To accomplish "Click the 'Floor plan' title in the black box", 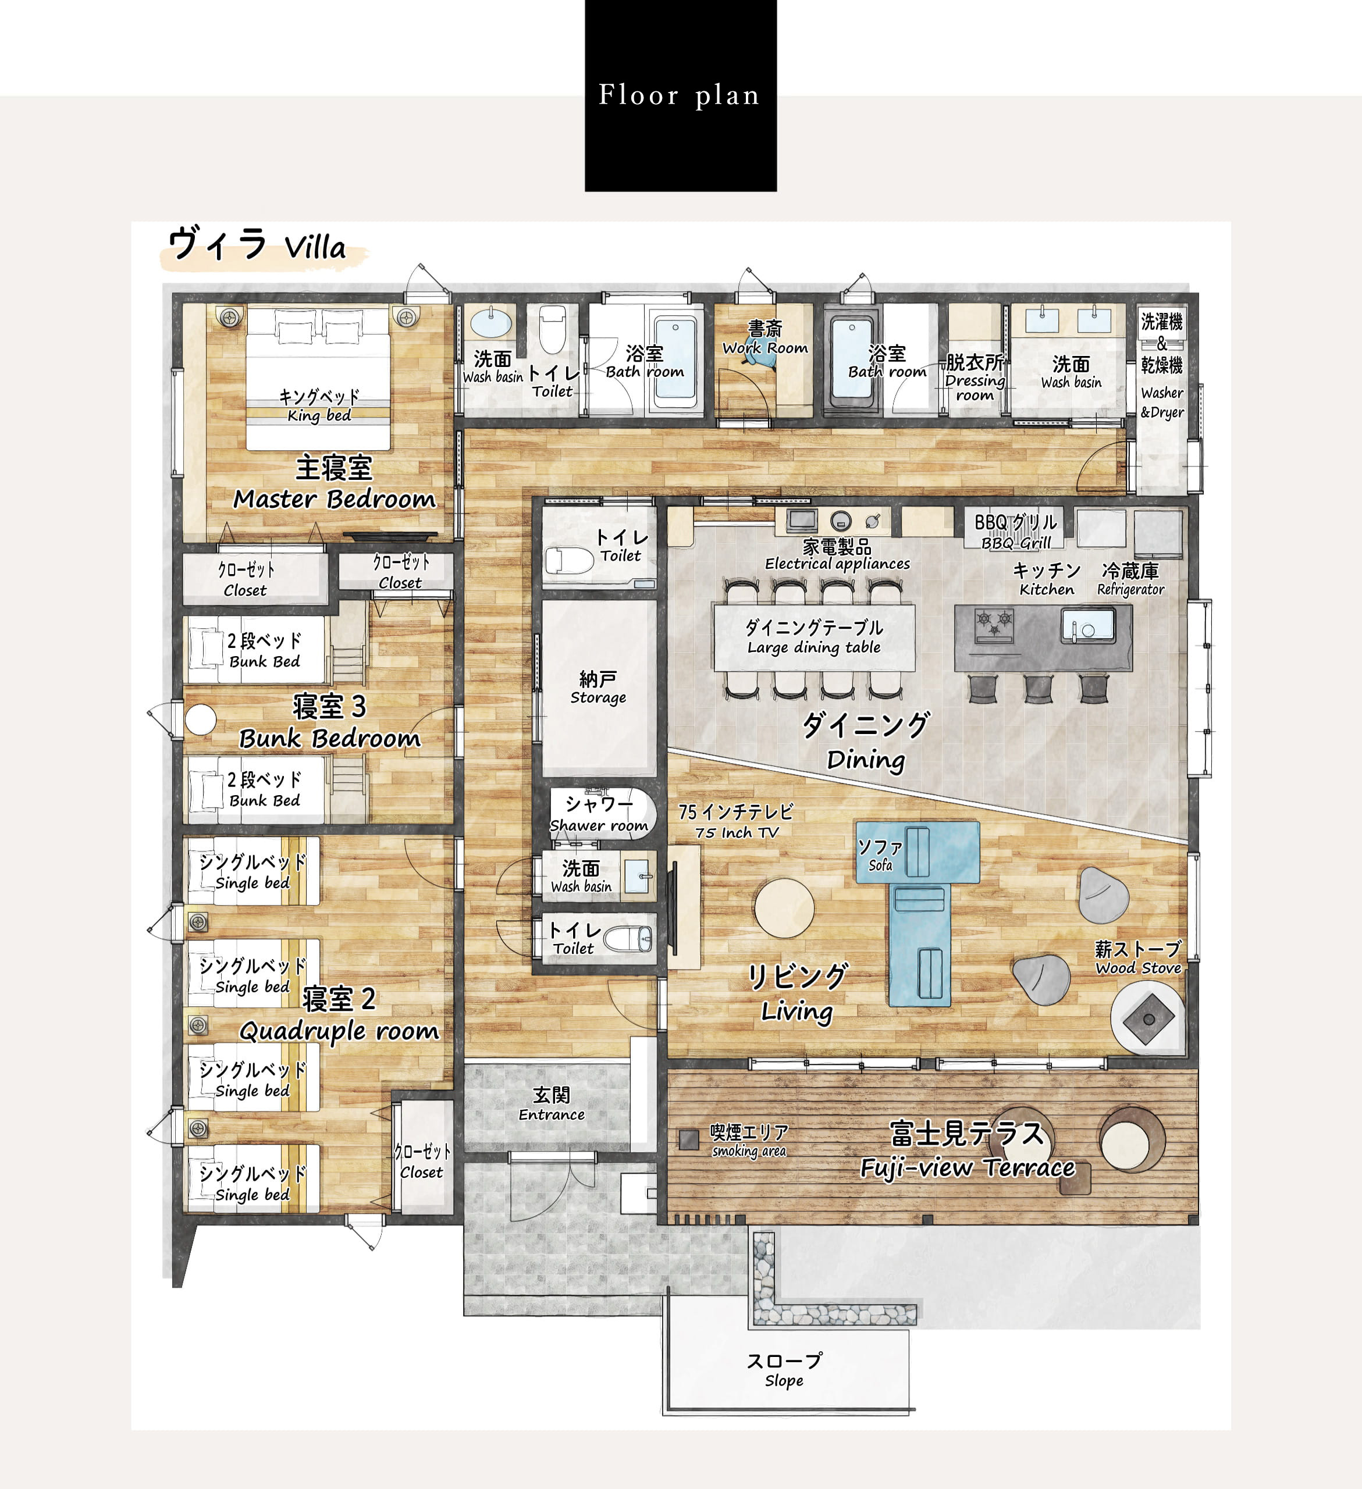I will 679,95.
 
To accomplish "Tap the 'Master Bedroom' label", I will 334,499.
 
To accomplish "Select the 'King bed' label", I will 319,416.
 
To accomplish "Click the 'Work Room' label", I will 764,348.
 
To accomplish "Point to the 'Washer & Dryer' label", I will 1162,402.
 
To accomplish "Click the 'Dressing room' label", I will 975,388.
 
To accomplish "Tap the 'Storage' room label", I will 598,698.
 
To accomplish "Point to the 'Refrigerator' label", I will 1130,589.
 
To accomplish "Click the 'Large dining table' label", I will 814,648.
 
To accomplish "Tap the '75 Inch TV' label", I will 737,832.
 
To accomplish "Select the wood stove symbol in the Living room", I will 1148,1018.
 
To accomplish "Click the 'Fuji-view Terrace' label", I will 968,1168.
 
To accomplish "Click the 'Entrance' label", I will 551,1114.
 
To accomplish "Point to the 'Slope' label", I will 784,1380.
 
